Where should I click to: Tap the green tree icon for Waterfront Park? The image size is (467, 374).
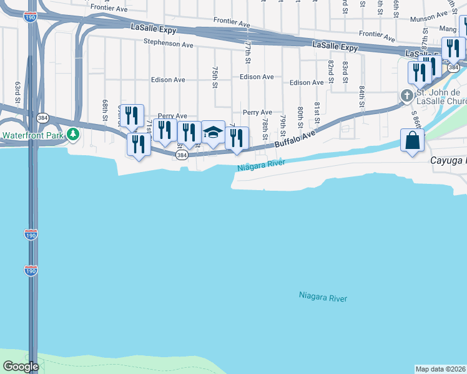click(x=73, y=134)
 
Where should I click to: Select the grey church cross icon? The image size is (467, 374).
click(x=406, y=96)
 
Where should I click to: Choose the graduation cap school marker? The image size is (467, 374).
click(x=213, y=132)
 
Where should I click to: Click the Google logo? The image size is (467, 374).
click(x=20, y=367)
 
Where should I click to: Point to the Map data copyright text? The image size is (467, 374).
click(x=440, y=369)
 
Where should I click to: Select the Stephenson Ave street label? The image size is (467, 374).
click(x=168, y=44)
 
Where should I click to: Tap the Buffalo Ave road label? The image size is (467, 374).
click(x=293, y=139)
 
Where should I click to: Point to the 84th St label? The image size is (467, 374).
click(x=361, y=97)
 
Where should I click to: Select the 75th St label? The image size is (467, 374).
click(x=214, y=77)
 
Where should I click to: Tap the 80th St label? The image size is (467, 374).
click(x=301, y=117)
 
